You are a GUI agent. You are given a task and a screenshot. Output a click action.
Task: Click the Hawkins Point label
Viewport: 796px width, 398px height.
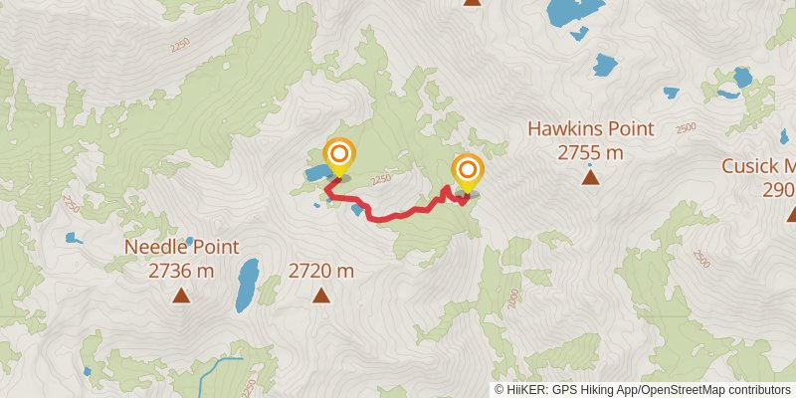[x=590, y=129]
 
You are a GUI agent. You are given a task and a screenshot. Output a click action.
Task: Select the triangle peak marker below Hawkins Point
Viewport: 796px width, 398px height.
[x=591, y=178]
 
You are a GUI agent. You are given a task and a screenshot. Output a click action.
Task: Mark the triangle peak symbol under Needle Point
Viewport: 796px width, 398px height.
[x=181, y=295]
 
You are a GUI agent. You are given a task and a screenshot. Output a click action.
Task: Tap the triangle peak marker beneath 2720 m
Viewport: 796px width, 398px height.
[x=321, y=295]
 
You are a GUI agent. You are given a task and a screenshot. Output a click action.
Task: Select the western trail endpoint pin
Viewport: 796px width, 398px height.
[x=339, y=155]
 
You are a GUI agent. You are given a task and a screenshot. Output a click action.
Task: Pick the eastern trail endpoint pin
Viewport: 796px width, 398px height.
[x=466, y=170]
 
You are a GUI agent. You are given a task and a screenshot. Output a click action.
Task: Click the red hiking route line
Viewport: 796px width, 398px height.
[x=398, y=215]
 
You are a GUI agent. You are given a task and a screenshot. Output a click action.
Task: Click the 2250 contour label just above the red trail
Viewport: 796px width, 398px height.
[x=380, y=180]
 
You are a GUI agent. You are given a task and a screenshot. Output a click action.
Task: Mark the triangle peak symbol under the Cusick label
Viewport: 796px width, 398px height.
[x=791, y=214]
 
